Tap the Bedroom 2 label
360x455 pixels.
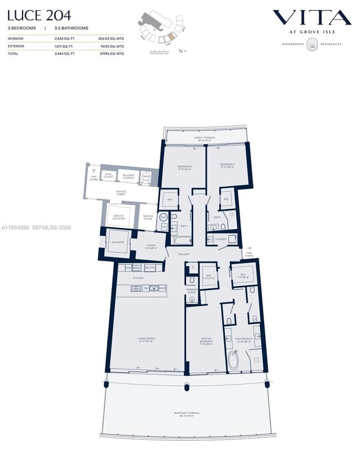click(x=184, y=167)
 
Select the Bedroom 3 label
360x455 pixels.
click(x=227, y=166)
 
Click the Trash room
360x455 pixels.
click(x=147, y=178)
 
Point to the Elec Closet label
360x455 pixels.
click(x=109, y=176)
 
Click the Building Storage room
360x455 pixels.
click(x=128, y=176)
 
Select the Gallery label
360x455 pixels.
click(x=184, y=254)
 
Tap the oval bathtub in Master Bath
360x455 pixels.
click(x=233, y=362)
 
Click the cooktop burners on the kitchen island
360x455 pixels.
click(x=136, y=288)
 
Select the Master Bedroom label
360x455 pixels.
click(x=205, y=342)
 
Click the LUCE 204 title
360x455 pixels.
click(x=39, y=15)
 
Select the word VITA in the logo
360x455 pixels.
click(x=312, y=18)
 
